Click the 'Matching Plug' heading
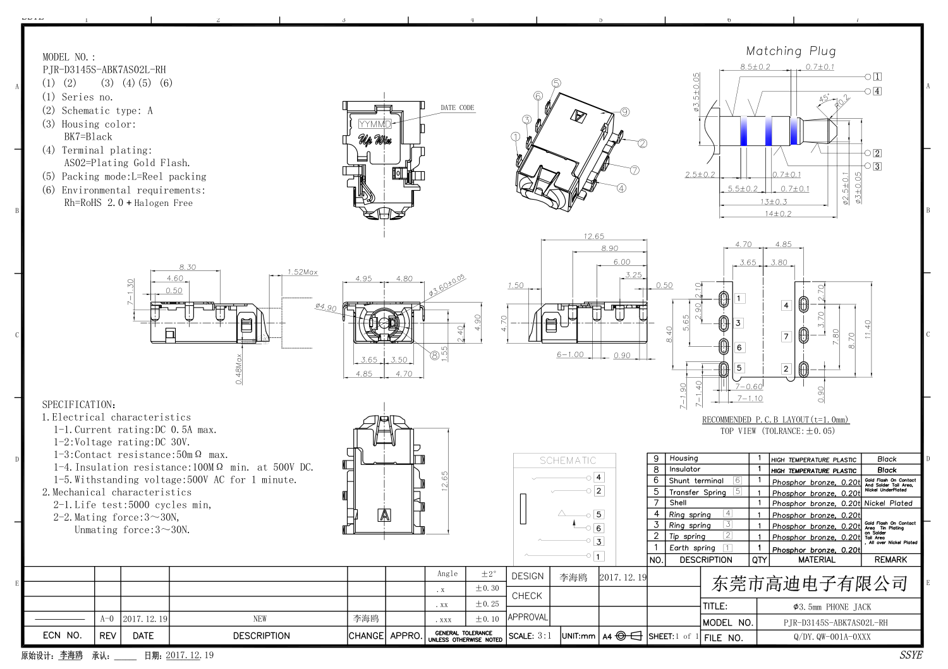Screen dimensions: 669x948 [x=791, y=51]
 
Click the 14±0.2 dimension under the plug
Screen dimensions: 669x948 [x=777, y=214]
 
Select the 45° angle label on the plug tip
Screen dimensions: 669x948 [x=824, y=99]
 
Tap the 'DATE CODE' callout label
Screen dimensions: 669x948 [x=457, y=108]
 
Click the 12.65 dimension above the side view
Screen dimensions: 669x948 [x=593, y=236]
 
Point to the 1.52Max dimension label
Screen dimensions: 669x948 [x=302, y=272]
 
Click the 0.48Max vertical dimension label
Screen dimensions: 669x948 [x=239, y=368]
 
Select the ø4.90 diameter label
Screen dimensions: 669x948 [x=325, y=307]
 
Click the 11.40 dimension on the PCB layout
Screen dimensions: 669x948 [x=868, y=328]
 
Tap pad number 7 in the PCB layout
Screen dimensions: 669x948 [x=786, y=337]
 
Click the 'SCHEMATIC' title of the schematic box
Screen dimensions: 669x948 [x=568, y=461]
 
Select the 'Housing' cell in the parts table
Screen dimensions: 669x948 [x=684, y=458]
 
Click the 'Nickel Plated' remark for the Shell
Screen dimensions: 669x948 [x=888, y=503]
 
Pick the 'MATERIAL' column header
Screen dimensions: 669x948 [x=817, y=560]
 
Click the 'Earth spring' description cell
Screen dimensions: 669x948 [x=692, y=548]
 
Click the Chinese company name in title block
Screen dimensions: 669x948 [x=810, y=584]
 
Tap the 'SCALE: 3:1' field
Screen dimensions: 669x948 [x=530, y=636]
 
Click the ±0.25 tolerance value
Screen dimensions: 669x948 [x=487, y=604]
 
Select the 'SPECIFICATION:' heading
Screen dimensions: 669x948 [x=79, y=404]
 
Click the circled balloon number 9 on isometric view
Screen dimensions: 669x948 [x=624, y=112]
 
